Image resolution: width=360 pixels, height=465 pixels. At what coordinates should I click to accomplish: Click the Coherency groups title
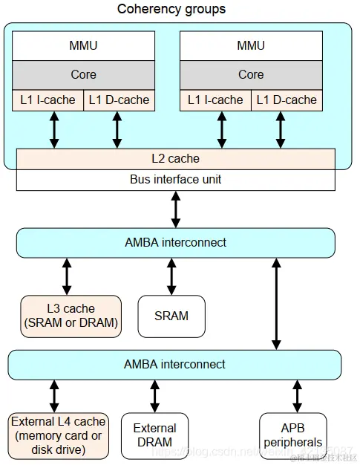coord(171,10)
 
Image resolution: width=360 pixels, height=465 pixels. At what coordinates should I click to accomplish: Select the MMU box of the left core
coord(83,46)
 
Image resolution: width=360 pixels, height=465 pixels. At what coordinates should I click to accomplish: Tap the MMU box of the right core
coord(251,46)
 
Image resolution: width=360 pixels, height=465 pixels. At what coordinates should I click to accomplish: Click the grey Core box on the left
coord(83,74)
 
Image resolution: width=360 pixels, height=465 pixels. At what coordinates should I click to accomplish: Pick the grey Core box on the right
coord(251,74)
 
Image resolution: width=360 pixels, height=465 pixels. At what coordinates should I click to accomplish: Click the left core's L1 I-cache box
coord(48,100)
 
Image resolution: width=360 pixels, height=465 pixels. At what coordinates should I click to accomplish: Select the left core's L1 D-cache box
coord(119,100)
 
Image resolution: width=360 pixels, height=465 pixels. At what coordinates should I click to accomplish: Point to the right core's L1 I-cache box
coord(215,100)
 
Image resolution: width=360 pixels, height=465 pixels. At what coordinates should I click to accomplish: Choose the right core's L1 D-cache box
coord(286,100)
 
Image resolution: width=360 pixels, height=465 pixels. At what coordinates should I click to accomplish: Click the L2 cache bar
coord(175,159)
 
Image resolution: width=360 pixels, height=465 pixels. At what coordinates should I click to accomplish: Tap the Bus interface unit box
coord(175,180)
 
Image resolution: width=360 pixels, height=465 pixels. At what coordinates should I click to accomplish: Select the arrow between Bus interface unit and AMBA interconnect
coord(176,209)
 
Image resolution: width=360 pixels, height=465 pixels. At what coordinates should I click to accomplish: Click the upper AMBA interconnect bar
coord(175,243)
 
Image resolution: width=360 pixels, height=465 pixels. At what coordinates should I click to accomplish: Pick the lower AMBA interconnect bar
coord(175,365)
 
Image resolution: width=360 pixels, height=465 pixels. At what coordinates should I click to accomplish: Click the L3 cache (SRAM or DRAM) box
coord(70,316)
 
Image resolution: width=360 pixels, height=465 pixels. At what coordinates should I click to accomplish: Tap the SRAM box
coord(171,316)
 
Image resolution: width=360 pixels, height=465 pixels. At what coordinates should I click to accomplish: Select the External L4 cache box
coord(59,435)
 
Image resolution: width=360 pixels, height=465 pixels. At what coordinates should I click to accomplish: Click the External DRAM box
coord(154,436)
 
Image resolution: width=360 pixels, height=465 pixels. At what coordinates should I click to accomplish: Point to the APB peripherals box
coord(292,436)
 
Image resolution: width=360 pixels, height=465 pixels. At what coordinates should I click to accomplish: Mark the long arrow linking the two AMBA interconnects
coord(276,304)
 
